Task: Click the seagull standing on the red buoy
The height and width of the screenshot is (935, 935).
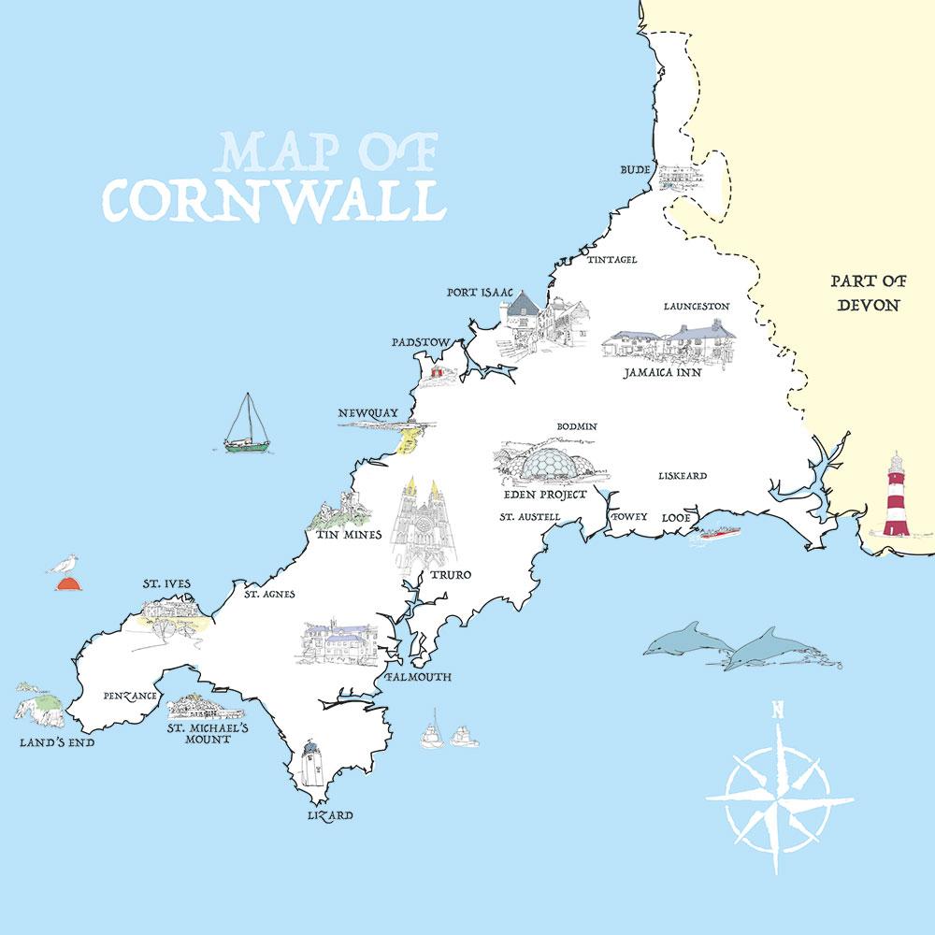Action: pyautogui.click(x=64, y=566)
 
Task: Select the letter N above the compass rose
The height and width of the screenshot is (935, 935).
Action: pyautogui.click(x=777, y=710)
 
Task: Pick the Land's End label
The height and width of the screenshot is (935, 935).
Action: pyautogui.click(x=57, y=744)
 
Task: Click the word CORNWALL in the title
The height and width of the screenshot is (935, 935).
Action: pyautogui.click(x=271, y=199)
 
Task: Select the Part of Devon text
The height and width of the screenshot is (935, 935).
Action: pyautogui.click(x=868, y=293)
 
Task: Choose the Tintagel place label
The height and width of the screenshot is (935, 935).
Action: pyautogui.click(x=611, y=259)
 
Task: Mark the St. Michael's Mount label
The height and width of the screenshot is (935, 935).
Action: pyautogui.click(x=206, y=732)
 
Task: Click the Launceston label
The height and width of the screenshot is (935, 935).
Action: pyautogui.click(x=697, y=306)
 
